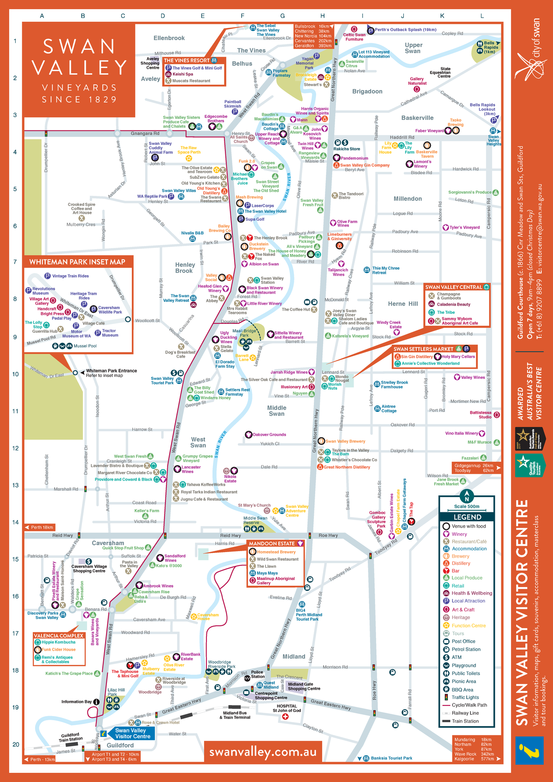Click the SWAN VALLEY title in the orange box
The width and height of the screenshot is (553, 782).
(x=79, y=57)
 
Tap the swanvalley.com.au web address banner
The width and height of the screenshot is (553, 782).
(x=263, y=752)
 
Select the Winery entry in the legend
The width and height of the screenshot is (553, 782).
(x=459, y=534)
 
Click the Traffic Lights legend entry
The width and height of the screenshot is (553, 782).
(x=465, y=697)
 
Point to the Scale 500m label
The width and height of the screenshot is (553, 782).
(x=467, y=506)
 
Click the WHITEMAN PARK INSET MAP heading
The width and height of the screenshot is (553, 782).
(x=77, y=262)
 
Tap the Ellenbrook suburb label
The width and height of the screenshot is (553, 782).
(x=169, y=38)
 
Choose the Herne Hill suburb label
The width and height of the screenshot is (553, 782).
(x=403, y=304)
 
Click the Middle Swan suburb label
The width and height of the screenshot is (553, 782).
(x=276, y=411)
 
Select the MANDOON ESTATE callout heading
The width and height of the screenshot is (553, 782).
(x=272, y=544)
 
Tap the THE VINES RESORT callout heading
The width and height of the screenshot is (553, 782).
(x=187, y=60)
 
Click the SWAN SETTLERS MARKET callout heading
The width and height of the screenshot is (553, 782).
(x=424, y=349)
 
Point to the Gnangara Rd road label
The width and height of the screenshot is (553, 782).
(x=145, y=134)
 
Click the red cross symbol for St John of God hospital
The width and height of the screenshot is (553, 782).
(x=285, y=717)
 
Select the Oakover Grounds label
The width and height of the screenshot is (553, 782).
(x=269, y=435)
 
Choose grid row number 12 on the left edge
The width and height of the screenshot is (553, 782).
(x=16, y=448)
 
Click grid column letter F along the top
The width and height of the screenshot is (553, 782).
(x=242, y=16)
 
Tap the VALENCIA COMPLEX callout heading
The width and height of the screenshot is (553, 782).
(x=59, y=635)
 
